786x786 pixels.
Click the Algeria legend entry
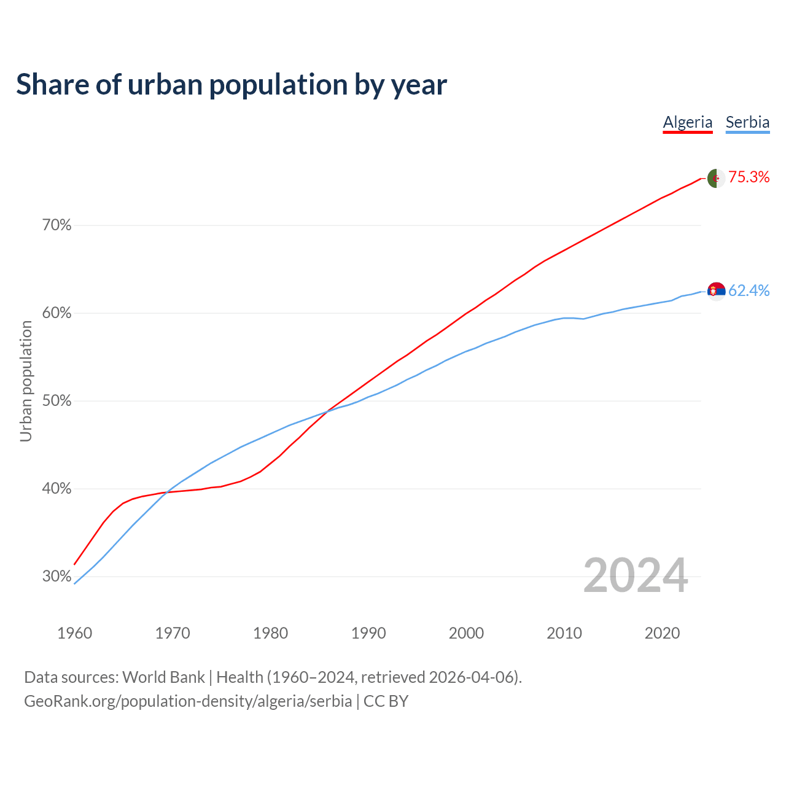coord(688,122)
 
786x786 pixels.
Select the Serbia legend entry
coord(747,122)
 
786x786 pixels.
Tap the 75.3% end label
coord(749,177)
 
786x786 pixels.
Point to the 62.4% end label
coord(749,290)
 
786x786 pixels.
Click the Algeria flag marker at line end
coord(715,178)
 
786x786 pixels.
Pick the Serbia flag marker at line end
coord(716,290)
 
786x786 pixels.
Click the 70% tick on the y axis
coord(56,225)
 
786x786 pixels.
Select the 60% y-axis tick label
coord(56,313)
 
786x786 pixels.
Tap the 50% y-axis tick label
coord(56,401)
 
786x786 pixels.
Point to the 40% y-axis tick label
coord(56,489)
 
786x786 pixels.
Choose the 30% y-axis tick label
coord(56,577)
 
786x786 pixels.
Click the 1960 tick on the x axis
coord(75,633)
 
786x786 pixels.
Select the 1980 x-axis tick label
coord(271,633)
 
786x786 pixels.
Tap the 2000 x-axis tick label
coord(467,633)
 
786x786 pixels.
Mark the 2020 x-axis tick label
coord(662,633)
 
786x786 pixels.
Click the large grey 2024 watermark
coord(636,575)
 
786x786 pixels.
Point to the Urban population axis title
coord(26,381)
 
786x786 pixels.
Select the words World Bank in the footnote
coord(163,677)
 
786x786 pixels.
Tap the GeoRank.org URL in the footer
coord(188,701)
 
